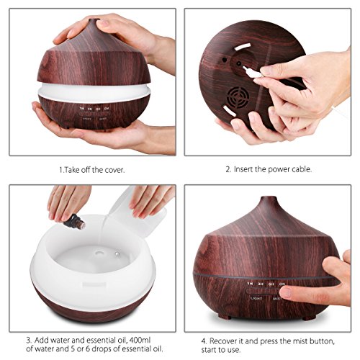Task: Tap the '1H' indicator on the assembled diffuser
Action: click(x=251, y=286)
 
